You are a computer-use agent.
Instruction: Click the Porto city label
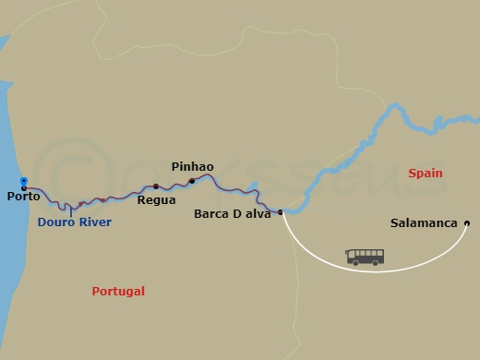pyautogui.click(x=22, y=197)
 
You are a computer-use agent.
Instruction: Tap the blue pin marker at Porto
pyautogui.click(x=24, y=181)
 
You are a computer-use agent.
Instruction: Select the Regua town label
pyautogui.click(x=154, y=198)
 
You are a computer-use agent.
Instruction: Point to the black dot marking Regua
pyautogui.click(x=156, y=186)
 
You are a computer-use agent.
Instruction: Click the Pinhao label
pyautogui.click(x=192, y=167)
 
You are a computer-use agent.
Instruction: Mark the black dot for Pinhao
pyautogui.click(x=192, y=181)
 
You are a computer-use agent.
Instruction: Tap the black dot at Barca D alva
pyautogui.click(x=281, y=211)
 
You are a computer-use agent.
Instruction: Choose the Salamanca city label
pyautogui.click(x=423, y=223)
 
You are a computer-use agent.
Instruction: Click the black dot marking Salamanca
pyautogui.click(x=467, y=222)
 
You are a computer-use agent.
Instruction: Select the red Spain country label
pyautogui.click(x=425, y=174)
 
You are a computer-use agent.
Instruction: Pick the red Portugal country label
pyautogui.click(x=118, y=292)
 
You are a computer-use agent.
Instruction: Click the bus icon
pyautogui.click(x=365, y=257)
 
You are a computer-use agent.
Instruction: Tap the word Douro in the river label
pyautogui.click(x=55, y=222)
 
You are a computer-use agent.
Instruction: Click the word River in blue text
pyautogui.click(x=94, y=222)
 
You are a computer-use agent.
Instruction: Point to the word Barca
pyautogui.click(x=212, y=213)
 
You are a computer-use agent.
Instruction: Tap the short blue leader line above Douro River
pyautogui.click(x=71, y=210)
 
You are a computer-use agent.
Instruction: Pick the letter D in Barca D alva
pyautogui.click(x=238, y=213)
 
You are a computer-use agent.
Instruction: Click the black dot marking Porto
pyautogui.click(x=24, y=188)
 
